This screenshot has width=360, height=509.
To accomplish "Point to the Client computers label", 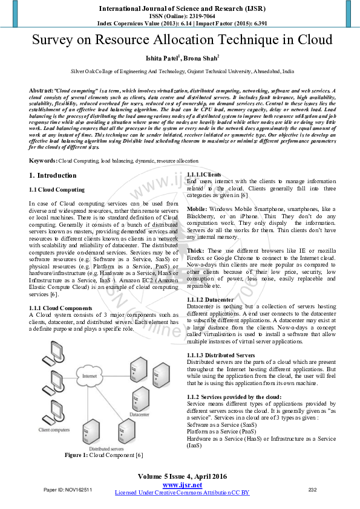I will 53,430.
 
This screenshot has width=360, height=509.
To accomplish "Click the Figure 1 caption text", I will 103,455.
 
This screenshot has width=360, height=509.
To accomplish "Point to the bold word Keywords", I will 43,161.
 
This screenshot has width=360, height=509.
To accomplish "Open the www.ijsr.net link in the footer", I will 182,485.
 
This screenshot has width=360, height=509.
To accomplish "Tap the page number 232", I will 313,489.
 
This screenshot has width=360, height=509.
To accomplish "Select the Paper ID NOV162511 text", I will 68,489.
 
